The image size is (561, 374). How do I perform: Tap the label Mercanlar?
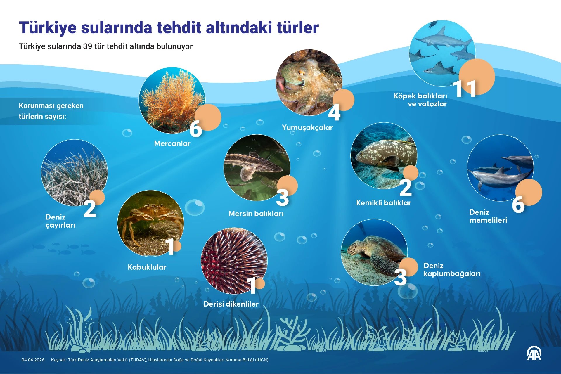[172, 143]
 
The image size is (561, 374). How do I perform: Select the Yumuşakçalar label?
[307, 127]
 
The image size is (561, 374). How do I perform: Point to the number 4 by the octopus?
[334, 112]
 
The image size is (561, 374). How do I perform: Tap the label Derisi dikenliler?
[231, 304]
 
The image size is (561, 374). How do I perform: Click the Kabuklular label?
[147, 267]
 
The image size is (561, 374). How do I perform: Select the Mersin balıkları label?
[256, 214]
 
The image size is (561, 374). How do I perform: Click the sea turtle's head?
[354, 248]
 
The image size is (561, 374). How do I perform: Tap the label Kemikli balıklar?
[383, 203]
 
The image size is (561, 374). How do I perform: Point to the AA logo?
[534, 354]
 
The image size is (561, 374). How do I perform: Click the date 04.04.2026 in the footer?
[33, 360]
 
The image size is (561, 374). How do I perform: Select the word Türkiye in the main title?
[48, 28]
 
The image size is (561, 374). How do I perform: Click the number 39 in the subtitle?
[88, 46]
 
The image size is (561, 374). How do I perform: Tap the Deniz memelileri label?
[488, 216]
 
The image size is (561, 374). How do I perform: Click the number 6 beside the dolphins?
[518, 205]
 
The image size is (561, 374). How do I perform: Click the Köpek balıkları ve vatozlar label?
[420, 100]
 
